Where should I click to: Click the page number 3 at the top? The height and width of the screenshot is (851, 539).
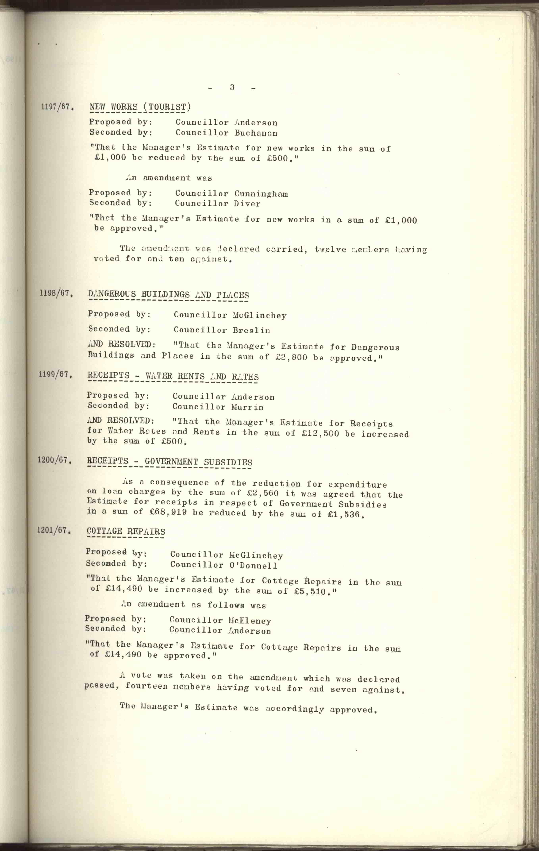[232, 87]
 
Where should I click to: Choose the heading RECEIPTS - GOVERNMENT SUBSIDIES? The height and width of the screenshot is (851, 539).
[169, 462]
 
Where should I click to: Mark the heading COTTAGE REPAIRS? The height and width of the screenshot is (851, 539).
[126, 532]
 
